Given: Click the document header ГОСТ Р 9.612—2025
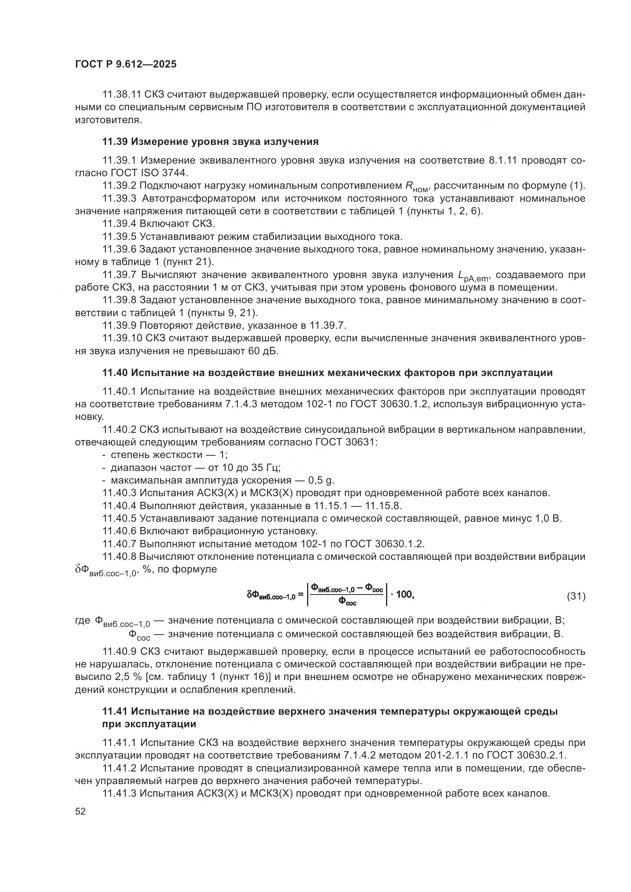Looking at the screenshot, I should click(x=126, y=64).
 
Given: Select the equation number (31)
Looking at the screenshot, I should click(x=576, y=596).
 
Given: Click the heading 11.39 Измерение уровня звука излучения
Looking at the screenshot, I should click(x=210, y=142).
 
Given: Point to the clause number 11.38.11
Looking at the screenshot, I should click(x=121, y=95).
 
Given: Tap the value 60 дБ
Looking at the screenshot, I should click(x=263, y=351).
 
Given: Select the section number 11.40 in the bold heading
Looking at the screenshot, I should click(x=115, y=373).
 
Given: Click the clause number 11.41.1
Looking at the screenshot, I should click(x=119, y=743).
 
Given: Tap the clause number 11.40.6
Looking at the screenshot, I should click(x=119, y=531).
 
